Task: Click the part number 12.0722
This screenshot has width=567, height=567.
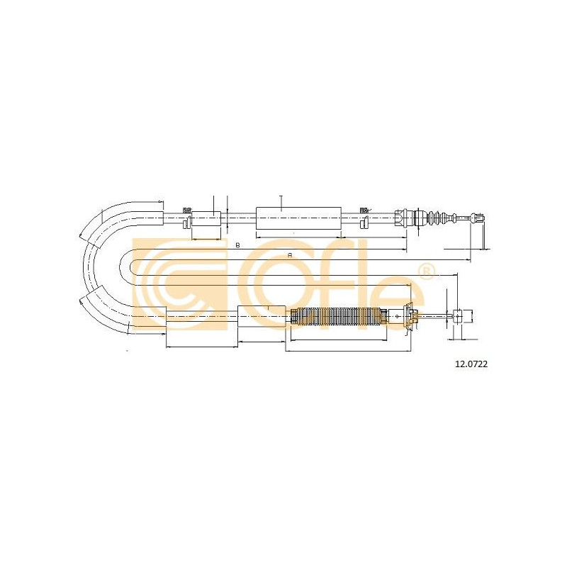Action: tap(471, 364)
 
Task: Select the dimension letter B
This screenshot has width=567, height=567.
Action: tap(237, 245)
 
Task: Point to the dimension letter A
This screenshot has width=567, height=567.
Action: tap(290, 255)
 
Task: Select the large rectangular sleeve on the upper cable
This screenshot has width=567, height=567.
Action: tap(298, 218)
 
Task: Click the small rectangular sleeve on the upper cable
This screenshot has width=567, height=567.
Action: tap(206, 218)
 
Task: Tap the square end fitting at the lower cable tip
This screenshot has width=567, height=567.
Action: tap(463, 316)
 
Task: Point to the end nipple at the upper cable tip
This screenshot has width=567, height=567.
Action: tap(477, 218)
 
